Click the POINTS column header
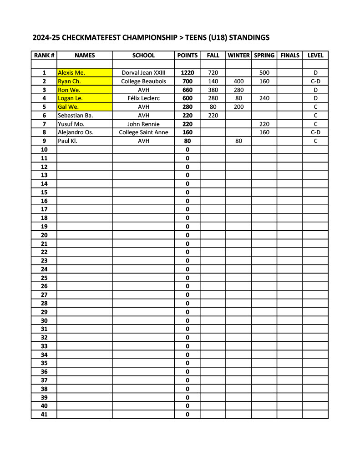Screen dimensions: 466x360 187,56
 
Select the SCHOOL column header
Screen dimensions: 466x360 143,56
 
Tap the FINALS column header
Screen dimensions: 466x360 290,56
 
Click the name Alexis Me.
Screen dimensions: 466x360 71,72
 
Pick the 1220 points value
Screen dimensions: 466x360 187,72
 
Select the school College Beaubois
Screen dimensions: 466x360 143,81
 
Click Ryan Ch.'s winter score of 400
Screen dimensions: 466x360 238,81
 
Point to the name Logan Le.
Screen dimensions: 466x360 70,98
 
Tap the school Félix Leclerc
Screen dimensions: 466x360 143,98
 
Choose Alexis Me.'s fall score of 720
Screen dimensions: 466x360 213,72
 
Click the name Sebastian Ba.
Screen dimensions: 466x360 75,115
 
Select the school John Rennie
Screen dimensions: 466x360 143,124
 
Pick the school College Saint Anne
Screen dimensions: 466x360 143,132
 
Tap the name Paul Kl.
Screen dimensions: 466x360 67,141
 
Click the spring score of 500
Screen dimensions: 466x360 264,72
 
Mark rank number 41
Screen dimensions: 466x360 44,415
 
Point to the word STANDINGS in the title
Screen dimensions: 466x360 248,38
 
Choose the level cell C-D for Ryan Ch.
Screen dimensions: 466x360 315,81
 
